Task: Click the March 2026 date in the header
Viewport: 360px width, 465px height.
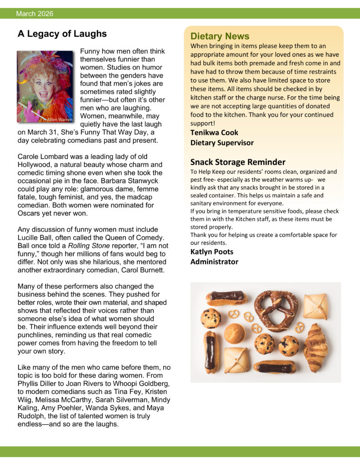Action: click(35, 14)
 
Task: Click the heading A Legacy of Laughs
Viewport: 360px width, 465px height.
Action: click(62, 34)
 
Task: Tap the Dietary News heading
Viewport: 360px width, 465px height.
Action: click(220, 36)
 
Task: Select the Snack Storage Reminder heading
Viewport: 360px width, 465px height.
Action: click(238, 162)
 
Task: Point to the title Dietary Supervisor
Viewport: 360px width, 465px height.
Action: click(222, 143)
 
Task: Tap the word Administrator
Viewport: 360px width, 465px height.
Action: click(214, 262)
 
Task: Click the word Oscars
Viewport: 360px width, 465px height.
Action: click(29, 213)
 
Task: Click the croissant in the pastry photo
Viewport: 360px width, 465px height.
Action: click(315, 347)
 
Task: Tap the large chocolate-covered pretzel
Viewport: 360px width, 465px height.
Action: click(276, 310)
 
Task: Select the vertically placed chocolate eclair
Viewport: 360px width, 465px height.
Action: click(210, 352)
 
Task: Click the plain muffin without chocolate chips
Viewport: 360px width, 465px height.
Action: click(235, 333)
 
